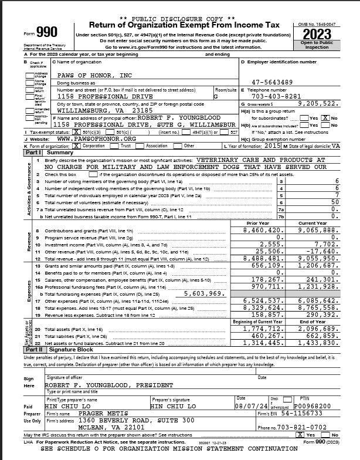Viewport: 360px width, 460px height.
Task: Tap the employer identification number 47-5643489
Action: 273,82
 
